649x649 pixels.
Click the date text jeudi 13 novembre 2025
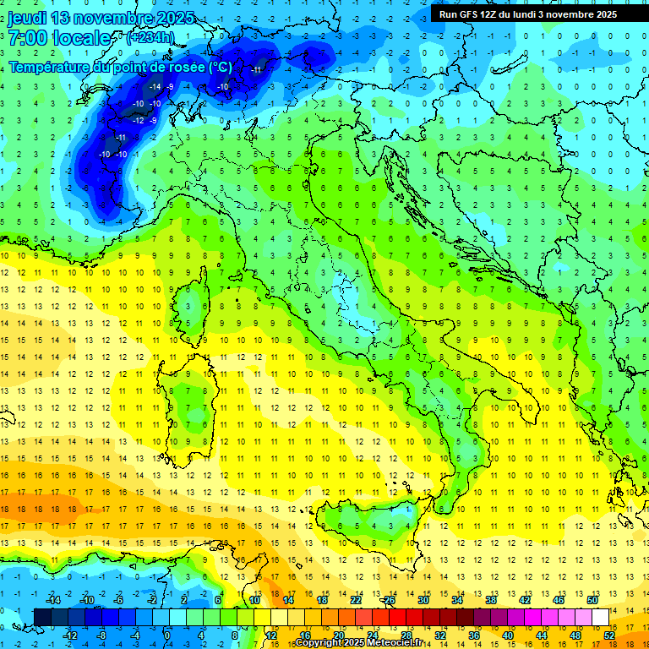coord(101,18)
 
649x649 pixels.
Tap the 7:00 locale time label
coord(59,38)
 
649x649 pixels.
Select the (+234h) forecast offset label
coord(150,37)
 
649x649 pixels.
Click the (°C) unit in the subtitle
coord(219,67)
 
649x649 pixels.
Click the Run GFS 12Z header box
coord(528,14)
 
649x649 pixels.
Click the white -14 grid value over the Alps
coord(155,87)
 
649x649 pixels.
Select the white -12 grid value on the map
coord(138,121)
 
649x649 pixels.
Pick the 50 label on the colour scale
coord(592,600)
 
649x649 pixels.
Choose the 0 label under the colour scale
coord(167,635)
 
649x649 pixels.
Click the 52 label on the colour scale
coord(609,635)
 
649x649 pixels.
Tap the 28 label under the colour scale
coord(406,635)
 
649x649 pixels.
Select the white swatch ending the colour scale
coord(601,617)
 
